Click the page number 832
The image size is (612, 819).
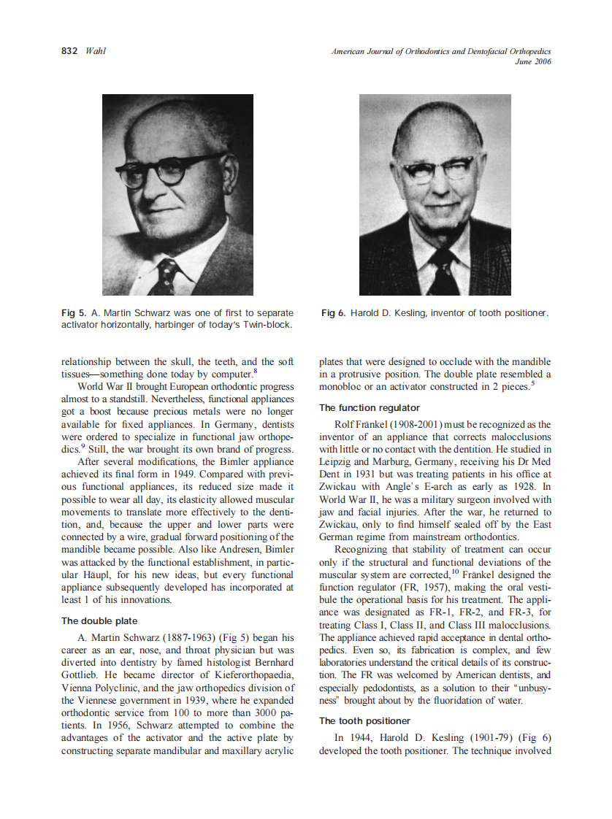point(70,51)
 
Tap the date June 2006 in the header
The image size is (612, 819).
point(533,61)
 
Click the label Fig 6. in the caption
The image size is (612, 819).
point(333,313)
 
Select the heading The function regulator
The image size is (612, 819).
point(369,407)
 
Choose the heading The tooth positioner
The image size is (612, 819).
point(364,720)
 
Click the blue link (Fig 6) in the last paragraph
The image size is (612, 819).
point(535,738)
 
